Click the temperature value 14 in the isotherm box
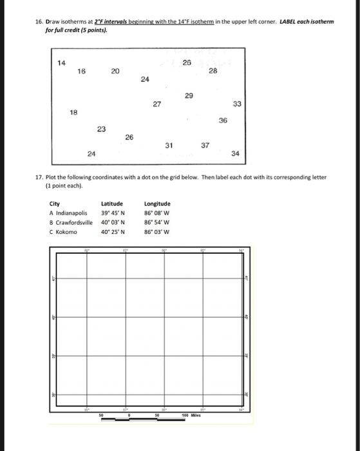coord(61,62)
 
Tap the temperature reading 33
coord(236,105)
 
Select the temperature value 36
coord(223,120)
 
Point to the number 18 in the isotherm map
coord(74,111)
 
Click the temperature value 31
coord(169,145)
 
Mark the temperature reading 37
coord(205,145)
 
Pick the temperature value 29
coord(188,96)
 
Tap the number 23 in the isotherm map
coord(101,130)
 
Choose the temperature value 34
coord(235,153)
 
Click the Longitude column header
coord(158,204)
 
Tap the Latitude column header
coord(112,204)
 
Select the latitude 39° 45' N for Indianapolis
coord(113,213)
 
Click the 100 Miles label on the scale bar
coord(192,416)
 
